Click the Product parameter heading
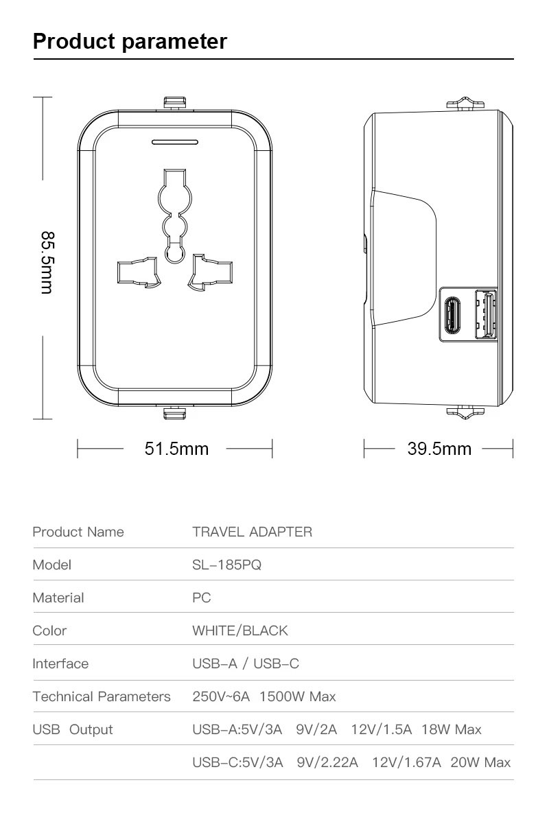click(x=130, y=41)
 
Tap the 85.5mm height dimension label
click(x=47, y=262)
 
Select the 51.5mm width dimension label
click(x=176, y=449)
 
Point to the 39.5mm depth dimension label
click(x=439, y=449)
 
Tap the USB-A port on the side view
click(x=485, y=315)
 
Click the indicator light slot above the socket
click(x=174, y=143)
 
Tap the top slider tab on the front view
click(x=174, y=103)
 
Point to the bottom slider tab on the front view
click(x=174, y=413)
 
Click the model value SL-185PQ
click(x=226, y=565)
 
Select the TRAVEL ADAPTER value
click(x=252, y=532)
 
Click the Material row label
click(x=58, y=598)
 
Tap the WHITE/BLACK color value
click(x=240, y=631)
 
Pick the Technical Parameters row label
click(x=102, y=696)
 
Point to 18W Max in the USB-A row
click(x=452, y=729)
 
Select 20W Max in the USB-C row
click(x=480, y=762)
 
